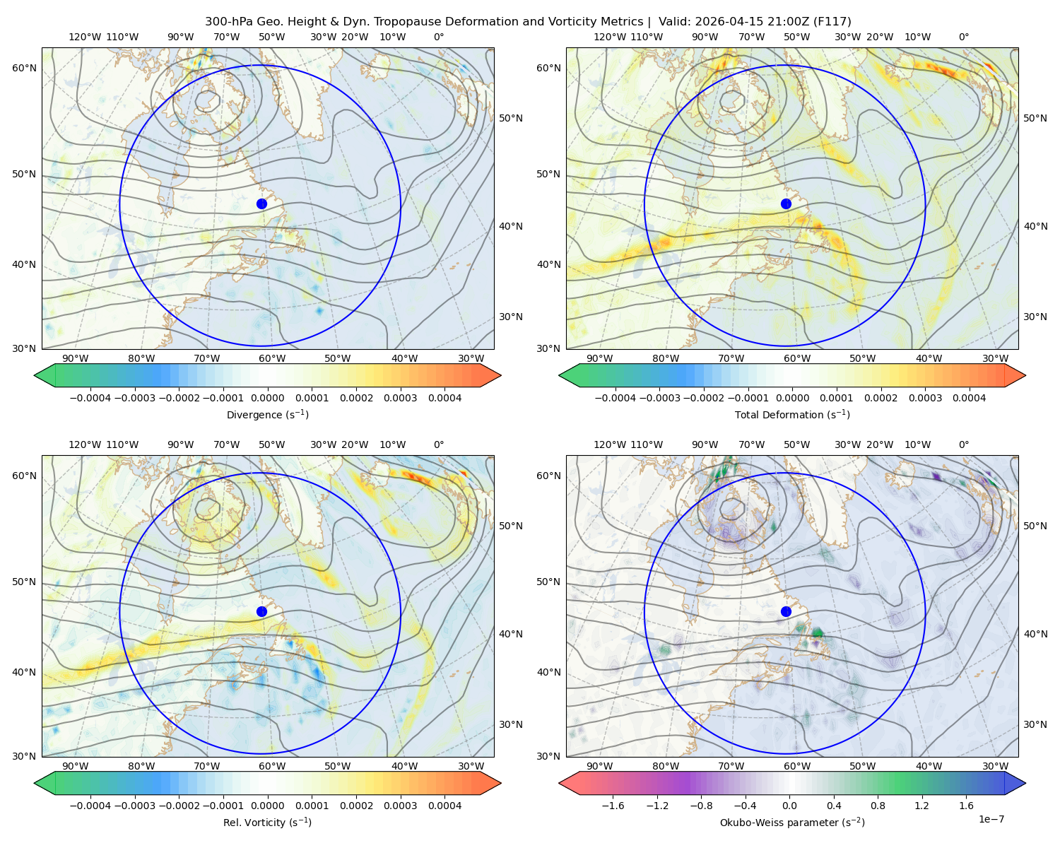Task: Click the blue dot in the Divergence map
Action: [x=261, y=204]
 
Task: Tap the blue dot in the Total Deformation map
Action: [x=786, y=204]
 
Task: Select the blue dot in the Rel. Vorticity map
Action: [x=261, y=611]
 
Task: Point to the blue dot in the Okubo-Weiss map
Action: [x=786, y=611]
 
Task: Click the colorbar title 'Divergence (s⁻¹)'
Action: [x=267, y=415]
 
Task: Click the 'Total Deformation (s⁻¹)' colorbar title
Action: [x=792, y=415]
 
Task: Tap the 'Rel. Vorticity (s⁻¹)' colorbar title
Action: [x=267, y=823]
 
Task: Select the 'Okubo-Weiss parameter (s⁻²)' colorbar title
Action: [x=792, y=823]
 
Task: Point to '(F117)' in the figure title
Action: [x=832, y=22]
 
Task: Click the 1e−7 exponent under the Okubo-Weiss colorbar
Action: [x=991, y=819]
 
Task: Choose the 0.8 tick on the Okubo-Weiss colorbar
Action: [x=878, y=806]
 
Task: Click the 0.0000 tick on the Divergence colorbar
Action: [x=267, y=398]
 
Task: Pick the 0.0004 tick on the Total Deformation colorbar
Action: [x=970, y=398]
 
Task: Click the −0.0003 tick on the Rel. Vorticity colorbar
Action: [x=134, y=806]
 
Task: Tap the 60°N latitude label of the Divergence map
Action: [x=24, y=68]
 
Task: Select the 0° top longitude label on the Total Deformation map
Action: [x=963, y=37]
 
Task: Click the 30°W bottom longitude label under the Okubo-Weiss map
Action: [x=996, y=766]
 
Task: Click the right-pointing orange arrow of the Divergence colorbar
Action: [x=490, y=375]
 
